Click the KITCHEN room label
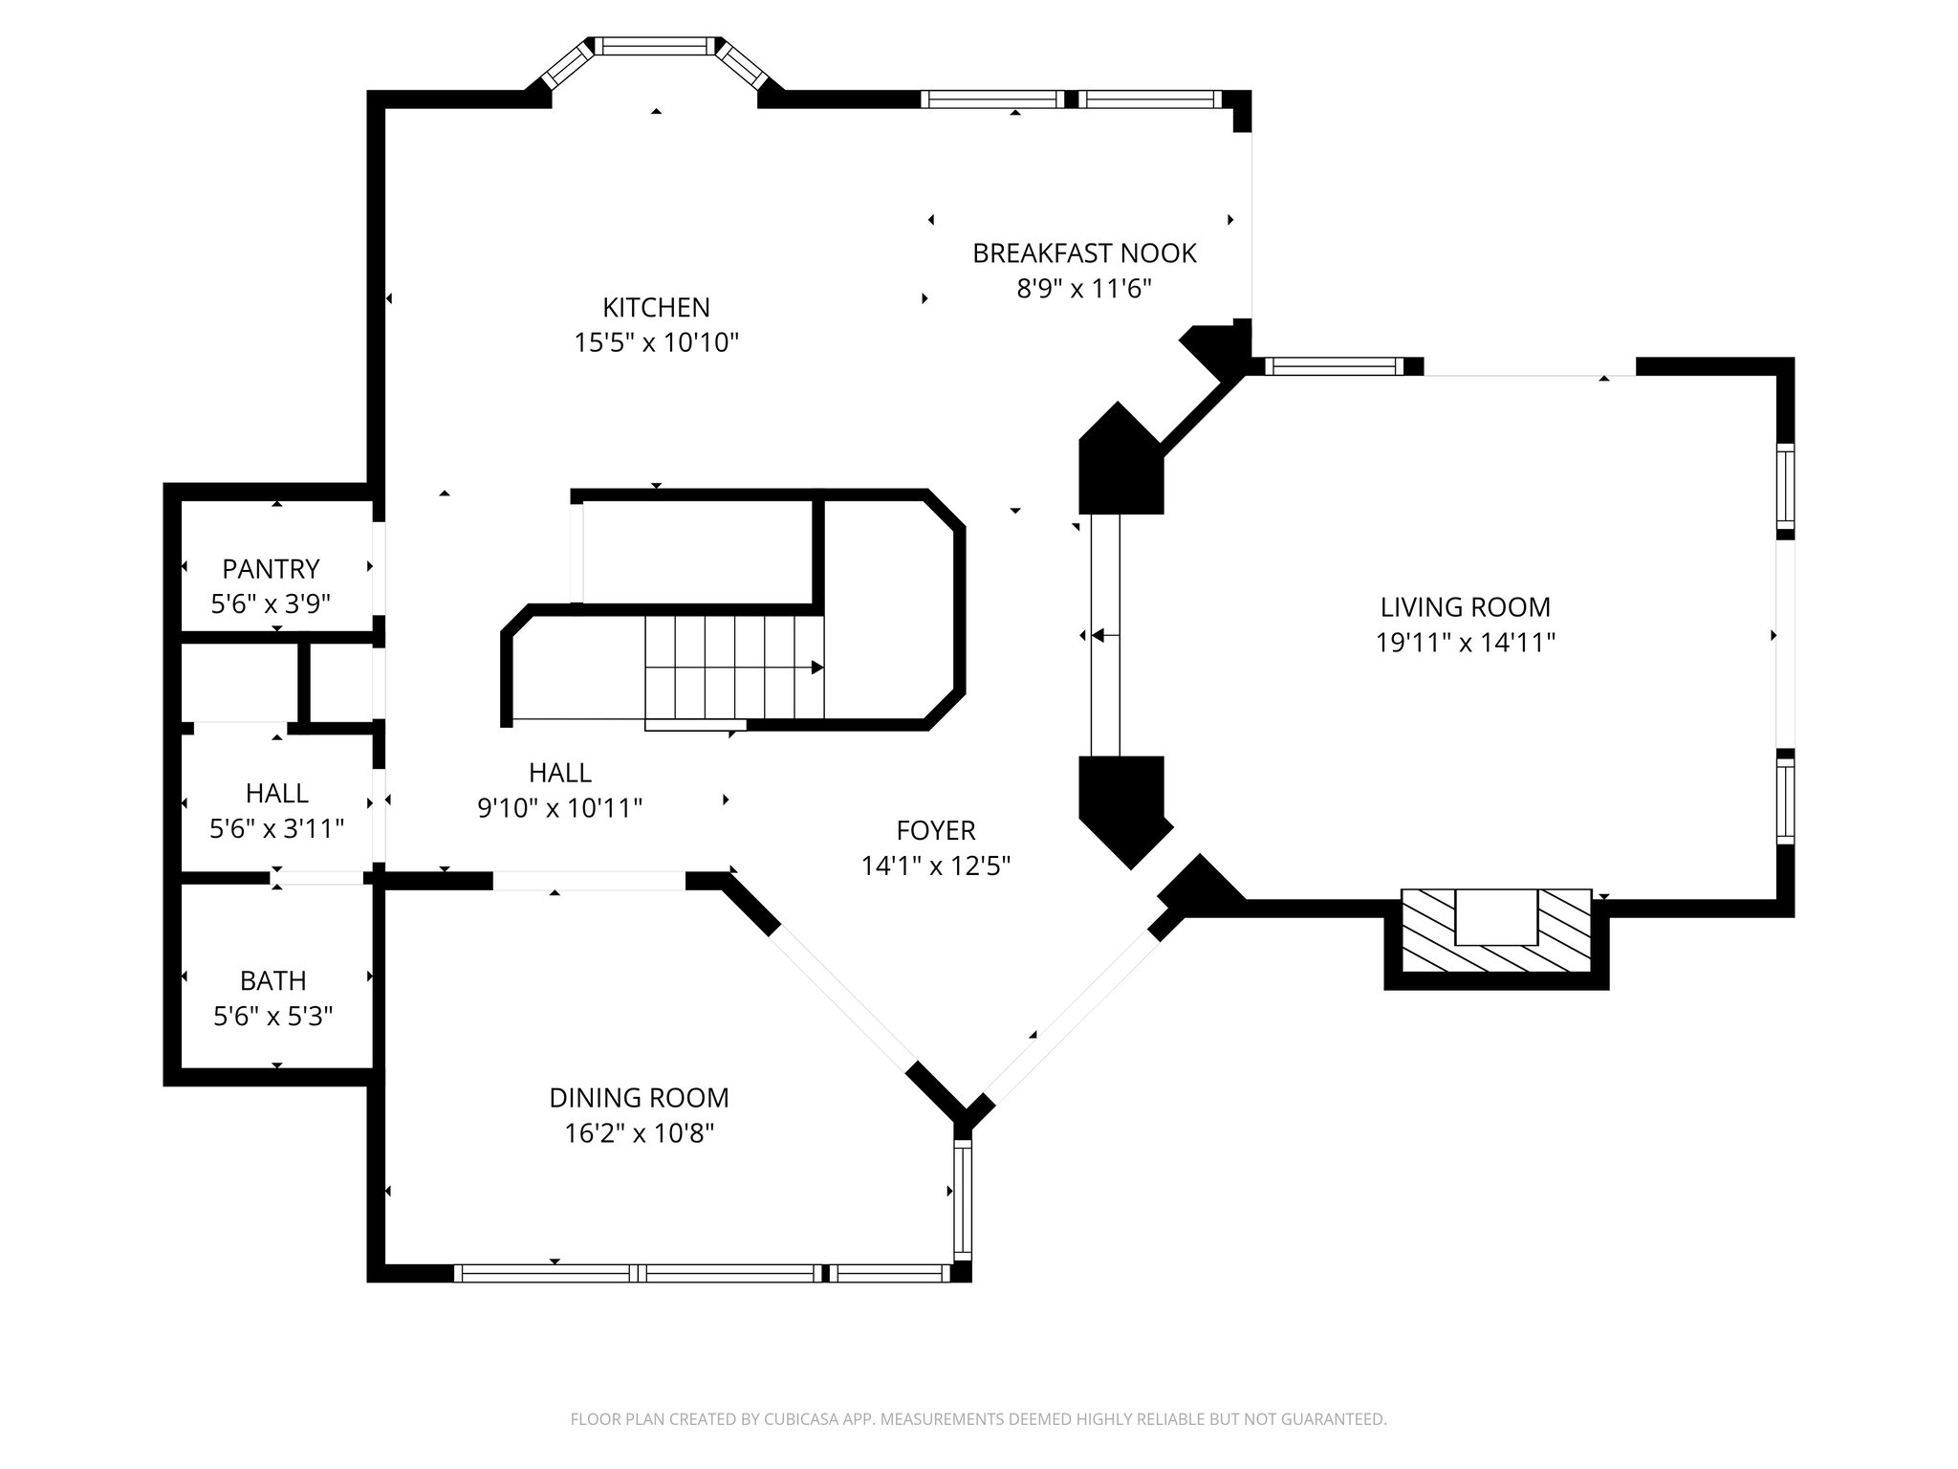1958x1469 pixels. [656, 307]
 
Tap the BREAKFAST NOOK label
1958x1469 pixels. [1084, 253]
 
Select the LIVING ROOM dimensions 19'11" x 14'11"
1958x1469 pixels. [1465, 643]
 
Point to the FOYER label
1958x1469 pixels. [935, 830]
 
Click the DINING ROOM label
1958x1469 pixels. [639, 1098]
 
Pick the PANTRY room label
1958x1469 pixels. [271, 569]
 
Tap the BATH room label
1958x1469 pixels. [273, 980]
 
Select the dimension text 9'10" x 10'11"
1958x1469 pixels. [559, 808]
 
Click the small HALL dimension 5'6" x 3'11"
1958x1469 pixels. [276, 828]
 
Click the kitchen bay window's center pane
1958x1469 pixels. [657, 44]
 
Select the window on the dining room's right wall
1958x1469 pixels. [962, 1201]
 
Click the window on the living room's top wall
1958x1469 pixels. [1334, 366]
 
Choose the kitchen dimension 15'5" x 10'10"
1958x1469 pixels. [656, 342]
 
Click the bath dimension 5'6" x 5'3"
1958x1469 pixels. [273, 1016]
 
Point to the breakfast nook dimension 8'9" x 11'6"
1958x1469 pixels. [1084, 289]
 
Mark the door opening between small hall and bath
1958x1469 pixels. [319, 877]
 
